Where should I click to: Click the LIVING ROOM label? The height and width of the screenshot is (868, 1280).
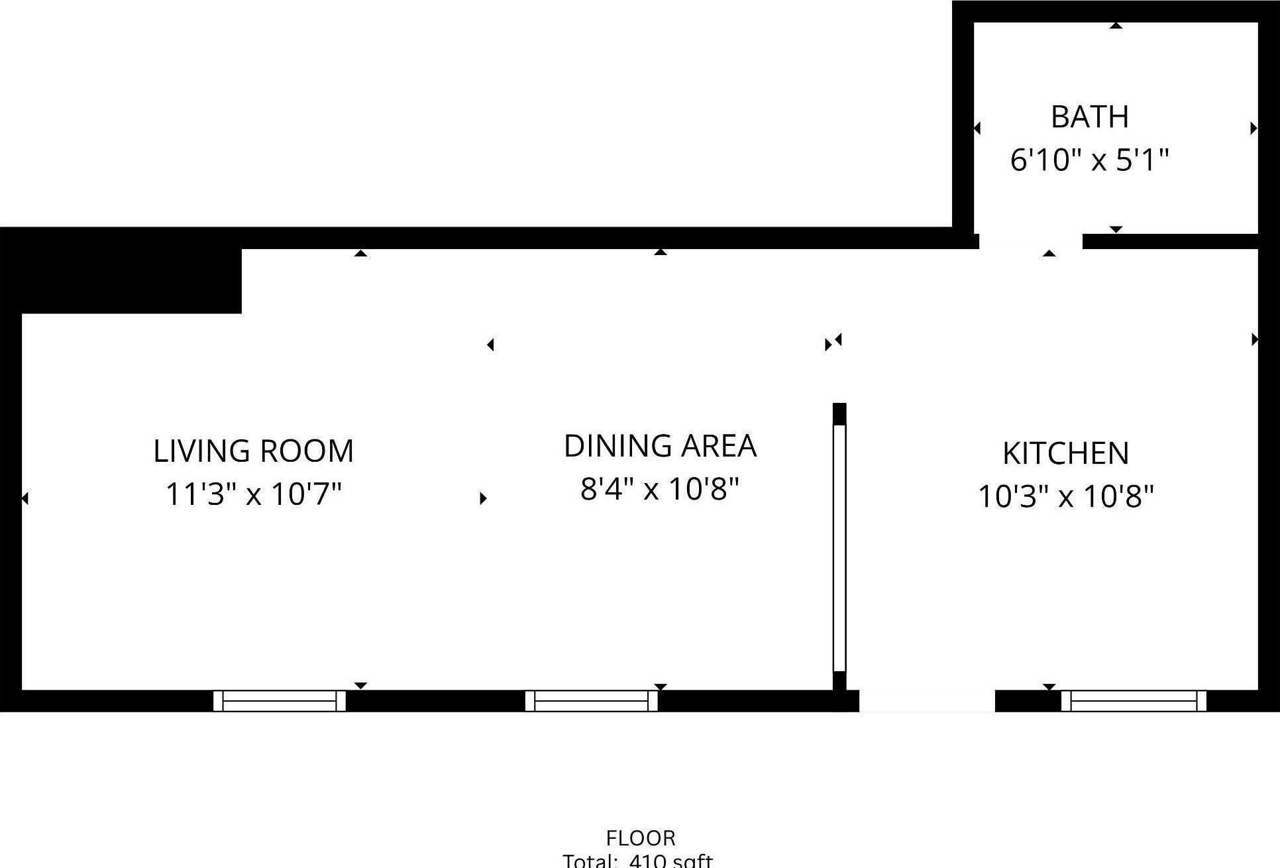click(x=253, y=451)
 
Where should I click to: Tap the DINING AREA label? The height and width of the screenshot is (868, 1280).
click(x=660, y=446)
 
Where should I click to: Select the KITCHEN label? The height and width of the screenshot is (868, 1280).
click(x=1065, y=454)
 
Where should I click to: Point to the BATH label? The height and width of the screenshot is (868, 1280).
click(x=1090, y=117)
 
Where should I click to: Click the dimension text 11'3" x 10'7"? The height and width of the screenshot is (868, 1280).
click(x=253, y=494)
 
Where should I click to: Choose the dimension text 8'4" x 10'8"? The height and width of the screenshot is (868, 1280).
click(x=659, y=490)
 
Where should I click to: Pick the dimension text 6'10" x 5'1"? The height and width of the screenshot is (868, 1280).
click(x=1089, y=160)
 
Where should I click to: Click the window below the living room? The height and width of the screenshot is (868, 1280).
click(x=280, y=701)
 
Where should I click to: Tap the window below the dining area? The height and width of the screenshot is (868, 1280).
click(x=591, y=701)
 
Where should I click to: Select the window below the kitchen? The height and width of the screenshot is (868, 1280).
click(x=1134, y=701)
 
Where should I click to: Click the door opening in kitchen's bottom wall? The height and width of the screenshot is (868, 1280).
click(x=927, y=701)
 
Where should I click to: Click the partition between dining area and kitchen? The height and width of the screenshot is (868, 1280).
click(x=839, y=547)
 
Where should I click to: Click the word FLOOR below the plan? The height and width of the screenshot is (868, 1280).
click(x=641, y=838)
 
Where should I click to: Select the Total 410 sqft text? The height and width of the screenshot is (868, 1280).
click(x=637, y=861)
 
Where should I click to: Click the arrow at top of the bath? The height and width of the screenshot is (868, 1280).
click(x=1116, y=26)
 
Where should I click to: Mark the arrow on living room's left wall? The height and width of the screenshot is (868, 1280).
click(x=25, y=498)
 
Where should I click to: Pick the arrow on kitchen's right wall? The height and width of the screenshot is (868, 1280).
click(x=1253, y=339)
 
